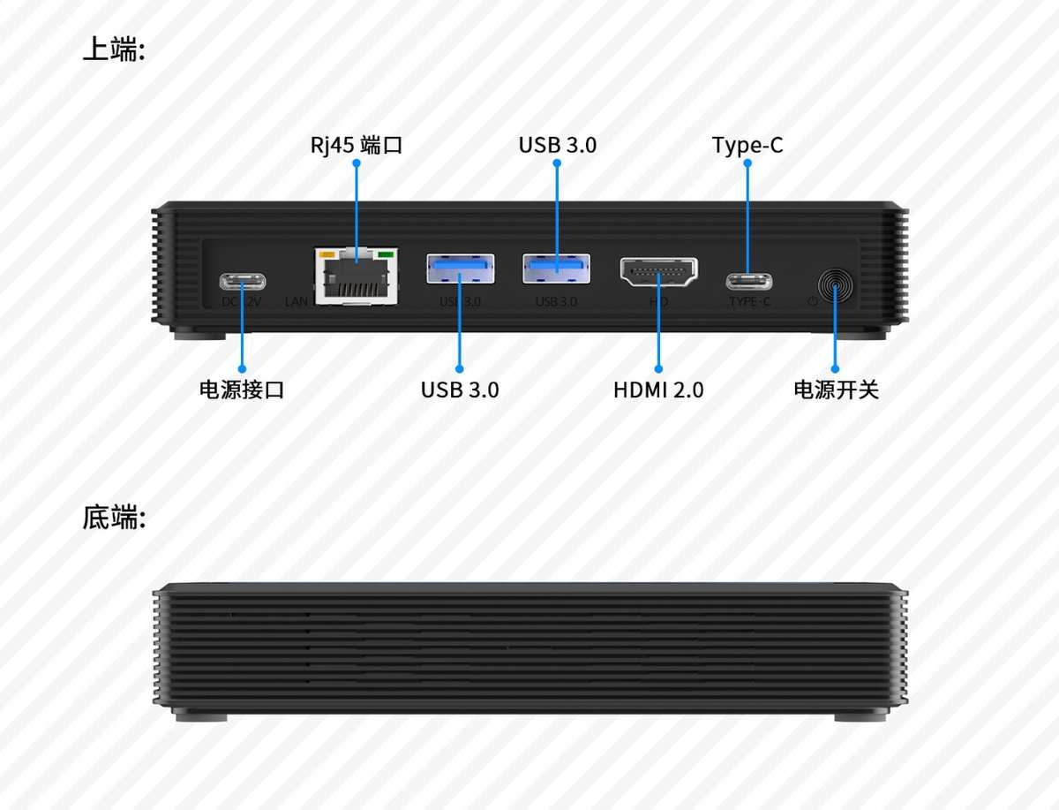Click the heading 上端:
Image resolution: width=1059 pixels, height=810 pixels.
coord(113,49)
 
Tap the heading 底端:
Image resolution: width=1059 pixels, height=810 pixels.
coord(113,518)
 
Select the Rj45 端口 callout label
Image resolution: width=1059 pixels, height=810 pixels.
coord(357,145)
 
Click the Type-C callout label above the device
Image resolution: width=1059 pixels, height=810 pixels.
coord(747,145)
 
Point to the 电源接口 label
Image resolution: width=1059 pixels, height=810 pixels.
coord(242,390)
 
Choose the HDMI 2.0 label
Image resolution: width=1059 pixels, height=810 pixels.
coord(658,390)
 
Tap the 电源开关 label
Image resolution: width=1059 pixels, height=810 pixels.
coord(836,390)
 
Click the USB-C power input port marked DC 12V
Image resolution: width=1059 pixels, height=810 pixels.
coord(242,282)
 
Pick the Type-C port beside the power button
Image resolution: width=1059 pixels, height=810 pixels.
coord(748,282)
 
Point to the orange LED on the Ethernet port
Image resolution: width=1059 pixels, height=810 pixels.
coord(328,255)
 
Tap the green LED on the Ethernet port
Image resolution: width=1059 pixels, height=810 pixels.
coord(384,255)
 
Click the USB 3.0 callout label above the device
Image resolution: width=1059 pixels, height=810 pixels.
coord(557,145)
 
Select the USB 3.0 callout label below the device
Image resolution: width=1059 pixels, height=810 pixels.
coord(459,390)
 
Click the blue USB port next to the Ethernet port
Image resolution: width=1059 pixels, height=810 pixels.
coord(460,269)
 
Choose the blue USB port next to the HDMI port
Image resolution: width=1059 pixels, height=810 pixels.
coord(556,269)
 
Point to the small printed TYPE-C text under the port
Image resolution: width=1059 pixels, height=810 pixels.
coord(749,302)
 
